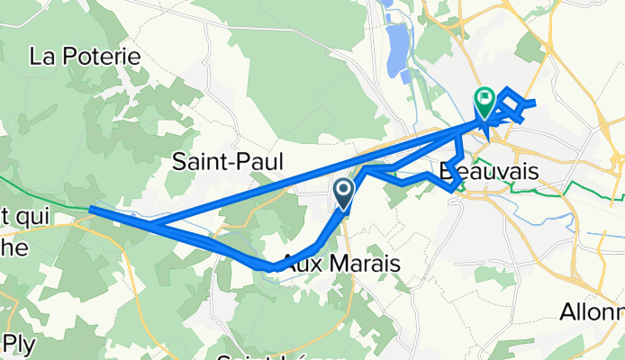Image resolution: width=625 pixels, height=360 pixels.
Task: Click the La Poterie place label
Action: point(86,56)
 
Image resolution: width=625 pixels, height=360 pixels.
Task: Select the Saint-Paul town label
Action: point(228,162)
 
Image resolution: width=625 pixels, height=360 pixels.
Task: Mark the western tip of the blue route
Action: point(91,210)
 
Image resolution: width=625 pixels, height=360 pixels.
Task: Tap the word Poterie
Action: point(107,56)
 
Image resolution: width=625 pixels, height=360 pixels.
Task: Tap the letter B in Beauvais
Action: point(448,171)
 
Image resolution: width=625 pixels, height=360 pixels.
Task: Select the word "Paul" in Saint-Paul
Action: point(259,162)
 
